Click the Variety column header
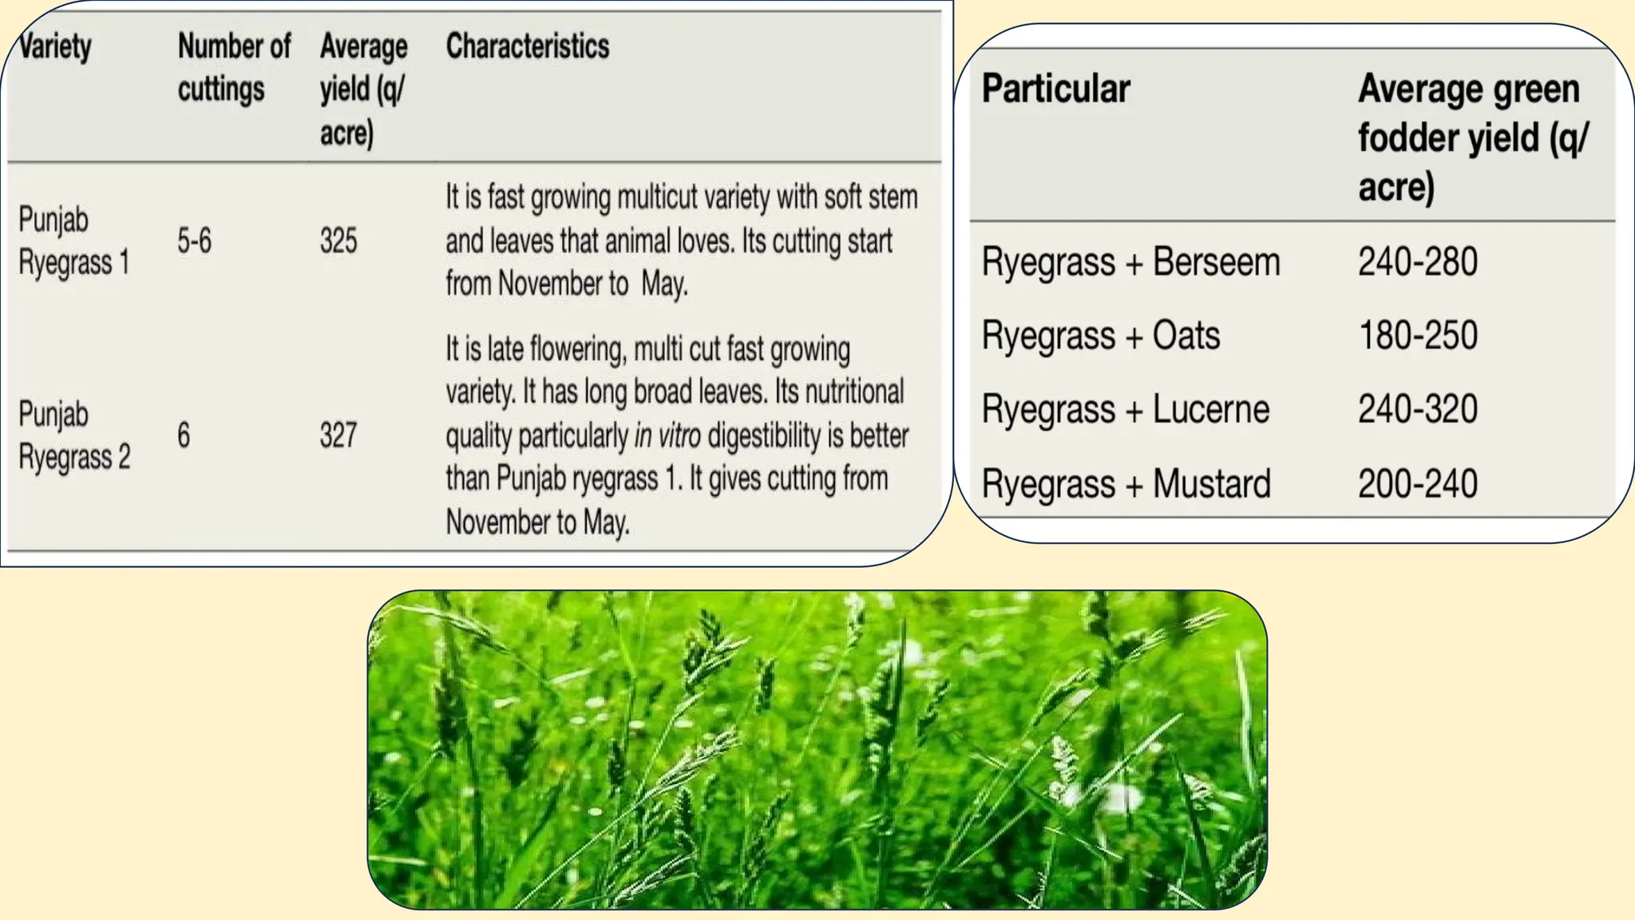tap(54, 46)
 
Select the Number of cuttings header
tap(233, 67)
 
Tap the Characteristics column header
tap(527, 46)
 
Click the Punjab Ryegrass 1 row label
tap(73, 240)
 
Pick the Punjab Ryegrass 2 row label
tap(73, 435)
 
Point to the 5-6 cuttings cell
tap(194, 240)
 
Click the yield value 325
tap(338, 240)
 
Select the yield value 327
tap(338, 435)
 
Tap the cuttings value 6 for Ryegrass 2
tap(184, 435)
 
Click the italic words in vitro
tap(667, 436)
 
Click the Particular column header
tap(1055, 88)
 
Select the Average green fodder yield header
tap(1472, 137)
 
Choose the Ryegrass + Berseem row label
tap(1130, 262)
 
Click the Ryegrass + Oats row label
tap(1100, 335)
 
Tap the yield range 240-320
tap(1418, 409)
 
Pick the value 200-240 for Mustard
tap(1418, 483)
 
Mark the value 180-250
tap(1418, 335)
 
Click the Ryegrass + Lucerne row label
tap(1125, 409)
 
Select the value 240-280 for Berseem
tap(1418, 262)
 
